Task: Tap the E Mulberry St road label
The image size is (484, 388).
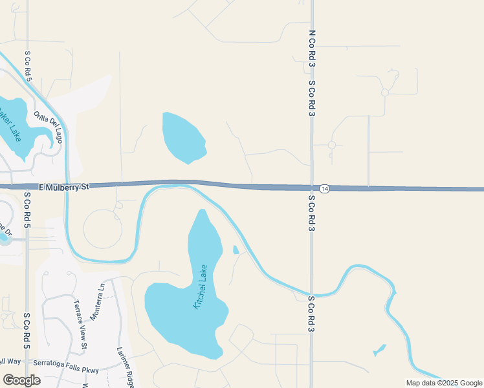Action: (x=63, y=186)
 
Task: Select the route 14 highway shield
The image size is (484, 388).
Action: (x=325, y=188)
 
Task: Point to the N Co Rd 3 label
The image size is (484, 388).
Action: (x=311, y=47)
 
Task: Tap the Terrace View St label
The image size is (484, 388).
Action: (x=80, y=326)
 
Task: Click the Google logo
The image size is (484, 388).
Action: (x=21, y=380)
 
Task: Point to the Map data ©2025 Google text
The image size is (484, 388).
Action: (x=444, y=383)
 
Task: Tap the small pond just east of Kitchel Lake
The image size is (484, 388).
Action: (x=236, y=250)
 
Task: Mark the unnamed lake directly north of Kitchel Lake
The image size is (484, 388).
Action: (x=184, y=138)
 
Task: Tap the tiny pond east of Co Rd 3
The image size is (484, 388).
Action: (x=379, y=350)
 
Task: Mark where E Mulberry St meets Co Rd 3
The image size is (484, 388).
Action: (x=311, y=188)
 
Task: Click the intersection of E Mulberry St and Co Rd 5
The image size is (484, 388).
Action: (x=27, y=186)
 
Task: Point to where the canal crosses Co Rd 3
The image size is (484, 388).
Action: (x=311, y=295)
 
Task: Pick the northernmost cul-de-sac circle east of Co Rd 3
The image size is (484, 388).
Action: (x=385, y=92)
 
